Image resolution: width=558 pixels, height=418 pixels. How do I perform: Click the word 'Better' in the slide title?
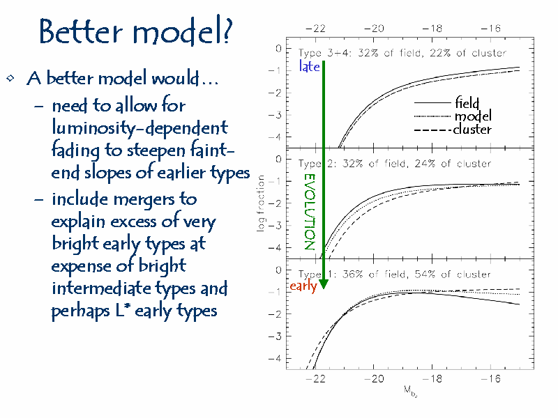(x=81, y=31)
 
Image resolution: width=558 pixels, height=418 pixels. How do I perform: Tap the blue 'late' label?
(x=309, y=66)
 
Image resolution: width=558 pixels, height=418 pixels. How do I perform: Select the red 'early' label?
(x=303, y=286)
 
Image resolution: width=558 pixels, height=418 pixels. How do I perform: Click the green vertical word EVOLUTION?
(x=310, y=212)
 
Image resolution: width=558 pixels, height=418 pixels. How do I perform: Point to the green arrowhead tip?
(x=324, y=289)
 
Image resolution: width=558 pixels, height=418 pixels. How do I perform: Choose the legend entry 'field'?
(x=467, y=102)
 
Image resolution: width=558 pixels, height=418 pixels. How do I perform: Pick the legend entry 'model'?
(x=473, y=116)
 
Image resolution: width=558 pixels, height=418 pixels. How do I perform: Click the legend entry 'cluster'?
(x=472, y=129)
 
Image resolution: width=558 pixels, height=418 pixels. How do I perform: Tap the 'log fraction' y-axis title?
(x=261, y=203)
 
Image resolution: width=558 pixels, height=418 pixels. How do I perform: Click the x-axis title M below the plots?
(x=410, y=390)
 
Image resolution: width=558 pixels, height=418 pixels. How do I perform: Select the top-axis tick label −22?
(x=315, y=29)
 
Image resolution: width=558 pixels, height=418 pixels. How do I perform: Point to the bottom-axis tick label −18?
(x=432, y=379)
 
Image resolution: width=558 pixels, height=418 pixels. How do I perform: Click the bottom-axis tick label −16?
(x=490, y=379)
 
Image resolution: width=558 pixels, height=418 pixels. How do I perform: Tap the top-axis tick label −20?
(x=374, y=29)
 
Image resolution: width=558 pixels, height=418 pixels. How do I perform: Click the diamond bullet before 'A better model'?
(x=10, y=78)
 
